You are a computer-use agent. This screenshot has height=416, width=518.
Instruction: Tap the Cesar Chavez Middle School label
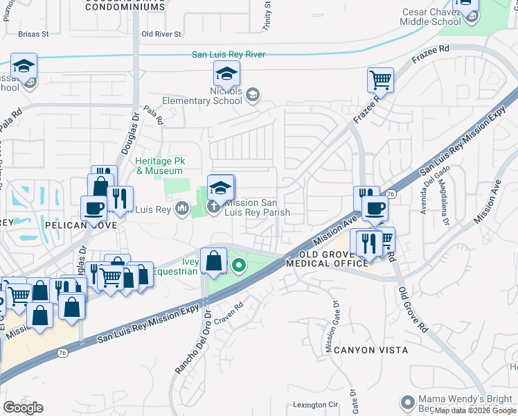[x=431, y=17]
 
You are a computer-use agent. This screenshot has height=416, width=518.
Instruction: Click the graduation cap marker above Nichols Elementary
[x=226, y=73]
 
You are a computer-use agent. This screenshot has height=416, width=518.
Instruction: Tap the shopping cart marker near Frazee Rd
[x=380, y=80]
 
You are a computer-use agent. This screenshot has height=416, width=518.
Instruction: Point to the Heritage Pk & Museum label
[x=159, y=166]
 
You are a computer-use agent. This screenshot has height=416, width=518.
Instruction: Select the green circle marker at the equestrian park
[x=239, y=265]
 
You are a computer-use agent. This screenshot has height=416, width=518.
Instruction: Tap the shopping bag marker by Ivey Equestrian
[x=214, y=261]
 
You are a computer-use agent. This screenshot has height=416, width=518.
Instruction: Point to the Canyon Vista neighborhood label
[x=370, y=350]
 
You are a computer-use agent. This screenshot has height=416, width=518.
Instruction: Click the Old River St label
[x=161, y=33]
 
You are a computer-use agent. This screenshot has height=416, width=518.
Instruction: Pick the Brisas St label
[x=34, y=33]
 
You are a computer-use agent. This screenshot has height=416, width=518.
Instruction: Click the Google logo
[x=23, y=407]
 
